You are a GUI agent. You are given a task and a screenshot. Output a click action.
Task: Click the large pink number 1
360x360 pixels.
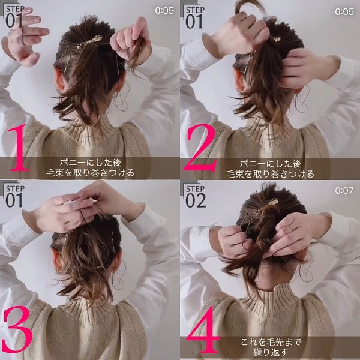pyautogui.click(x=19, y=148)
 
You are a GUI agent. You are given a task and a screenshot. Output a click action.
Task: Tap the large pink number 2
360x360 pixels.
pyautogui.click(x=201, y=148)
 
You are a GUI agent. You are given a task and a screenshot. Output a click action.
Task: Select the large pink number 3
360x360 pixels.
pyautogui.click(x=17, y=329)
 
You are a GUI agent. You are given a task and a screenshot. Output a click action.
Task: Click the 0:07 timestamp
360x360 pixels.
pyautogui.click(x=344, y=191)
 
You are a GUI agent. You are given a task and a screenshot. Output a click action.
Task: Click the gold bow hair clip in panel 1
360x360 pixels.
pyautogui.click(x=89, y=41)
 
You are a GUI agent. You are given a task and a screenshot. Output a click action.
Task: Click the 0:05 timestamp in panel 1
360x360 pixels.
pyautogui.click(x=164, y=11)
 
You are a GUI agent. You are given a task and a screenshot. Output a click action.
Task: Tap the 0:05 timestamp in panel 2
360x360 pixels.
pyautogui.click(x=344, y=11)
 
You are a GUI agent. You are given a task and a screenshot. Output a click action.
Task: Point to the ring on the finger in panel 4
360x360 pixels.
pyautogui.click(x=292, y=228)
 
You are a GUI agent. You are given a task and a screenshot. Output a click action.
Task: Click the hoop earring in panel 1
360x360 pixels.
pyautogui.click(x=122, y=100)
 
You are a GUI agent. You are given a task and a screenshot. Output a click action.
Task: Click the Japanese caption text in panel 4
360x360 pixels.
pyautogui.click(x=271, y=347)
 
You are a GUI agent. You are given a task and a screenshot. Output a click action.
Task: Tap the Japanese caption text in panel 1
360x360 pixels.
pyautogui.click(x=90, y=167)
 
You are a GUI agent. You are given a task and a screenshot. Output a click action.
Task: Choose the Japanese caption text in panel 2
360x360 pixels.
pyautogui.click(x=270, y=169)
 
